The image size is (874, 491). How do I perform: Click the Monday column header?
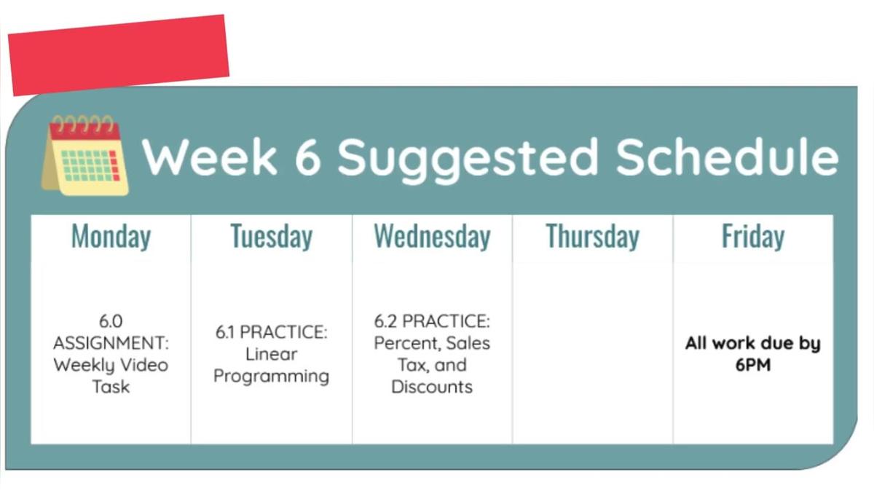click(x=111, y=237)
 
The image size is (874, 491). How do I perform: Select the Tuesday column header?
click(x=271, y=237)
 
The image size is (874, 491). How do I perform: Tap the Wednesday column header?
click(x=432, y=237)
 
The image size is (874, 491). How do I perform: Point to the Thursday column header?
click(x=592, y=237)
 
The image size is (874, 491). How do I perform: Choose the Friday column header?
click(x=752, y=237)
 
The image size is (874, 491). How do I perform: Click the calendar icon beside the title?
click(x=85, y=154)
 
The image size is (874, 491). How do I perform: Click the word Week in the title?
click(x=210, y=156)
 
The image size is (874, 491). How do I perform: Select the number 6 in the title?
click(x=307, y=156)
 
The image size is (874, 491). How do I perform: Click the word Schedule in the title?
click(x=727, y=156)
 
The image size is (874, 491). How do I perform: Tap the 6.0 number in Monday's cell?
click(x=111, y=321)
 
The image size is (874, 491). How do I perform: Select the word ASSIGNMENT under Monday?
click(x=111, y=342)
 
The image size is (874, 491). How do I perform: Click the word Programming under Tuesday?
click(x=271, y=376)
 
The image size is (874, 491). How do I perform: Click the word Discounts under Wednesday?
click(x=432, y=386)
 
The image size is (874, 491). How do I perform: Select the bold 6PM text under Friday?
click(x=752, y=364)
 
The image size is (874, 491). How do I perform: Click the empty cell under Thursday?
click(x=592, y=353)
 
